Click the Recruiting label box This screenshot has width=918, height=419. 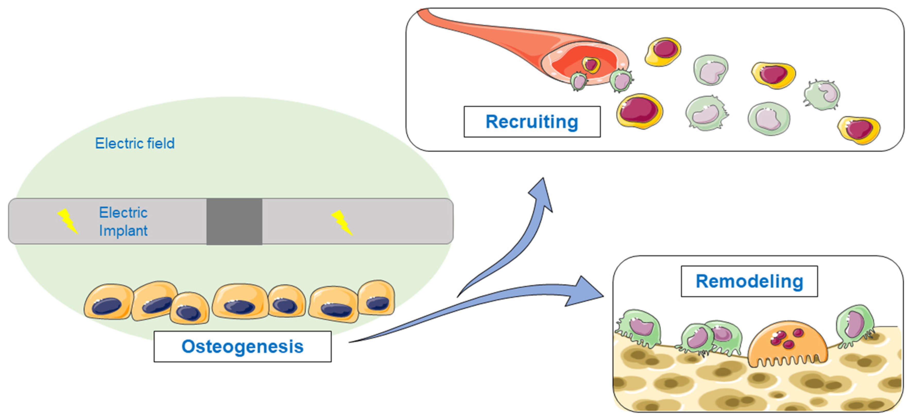click(532, 122)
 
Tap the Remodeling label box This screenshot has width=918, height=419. click(749, 281)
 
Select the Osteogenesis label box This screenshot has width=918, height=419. click(242, 346)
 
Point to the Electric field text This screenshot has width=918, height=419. click(135, 143)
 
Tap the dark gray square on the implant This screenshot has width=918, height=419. click(235, 221)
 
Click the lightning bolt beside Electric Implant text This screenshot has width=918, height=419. click(68, 221)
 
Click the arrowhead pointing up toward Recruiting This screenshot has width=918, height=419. click(542, 194)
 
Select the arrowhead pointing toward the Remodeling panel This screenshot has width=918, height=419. click(585, 291)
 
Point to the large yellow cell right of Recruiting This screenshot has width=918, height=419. click(640, 111)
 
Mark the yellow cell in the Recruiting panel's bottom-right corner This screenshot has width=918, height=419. click(859, 130)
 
